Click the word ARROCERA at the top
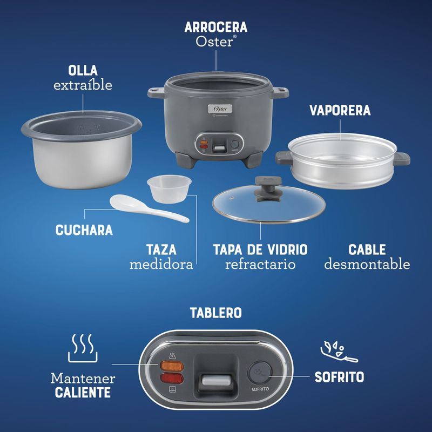coord(215,27)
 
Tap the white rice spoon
coord(149,208)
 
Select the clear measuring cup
coord(169,188)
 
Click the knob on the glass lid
coord(268,188)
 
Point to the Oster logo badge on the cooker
coord(220,109)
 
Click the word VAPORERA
coord(340,110)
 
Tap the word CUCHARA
coord(84,230)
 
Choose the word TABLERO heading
coord(215,313)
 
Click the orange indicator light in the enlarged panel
coord(172,366)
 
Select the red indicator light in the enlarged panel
coord(172,379)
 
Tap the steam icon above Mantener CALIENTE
coord(83,348)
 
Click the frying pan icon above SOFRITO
coord(339,352)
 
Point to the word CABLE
coord(367,249)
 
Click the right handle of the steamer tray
coord(402,159)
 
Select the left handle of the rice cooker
coord(157,92)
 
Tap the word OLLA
coord(83,71)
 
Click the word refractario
coord(260,264)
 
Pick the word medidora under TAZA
coord(161,264)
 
